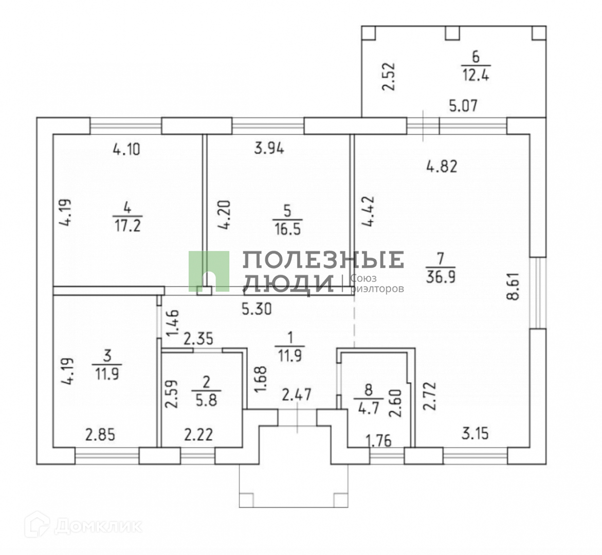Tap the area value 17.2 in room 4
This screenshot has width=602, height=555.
pos(126,226)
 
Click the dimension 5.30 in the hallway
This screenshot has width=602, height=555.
pos(257,309)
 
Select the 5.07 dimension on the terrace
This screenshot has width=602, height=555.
pos(463,106)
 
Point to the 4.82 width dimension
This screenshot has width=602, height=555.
pos(442,166)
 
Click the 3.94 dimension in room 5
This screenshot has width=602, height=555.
pos(269,150)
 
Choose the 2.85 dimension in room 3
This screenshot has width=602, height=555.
pos(100,435)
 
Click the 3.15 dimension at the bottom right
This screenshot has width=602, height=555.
pos(475,433)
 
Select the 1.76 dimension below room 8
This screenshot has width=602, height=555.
pos(378,440)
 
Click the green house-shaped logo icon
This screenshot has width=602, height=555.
pos(209,271)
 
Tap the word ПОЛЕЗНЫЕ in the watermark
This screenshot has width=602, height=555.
pos(323,260)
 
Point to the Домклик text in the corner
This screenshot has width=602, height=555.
pos(98,526)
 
